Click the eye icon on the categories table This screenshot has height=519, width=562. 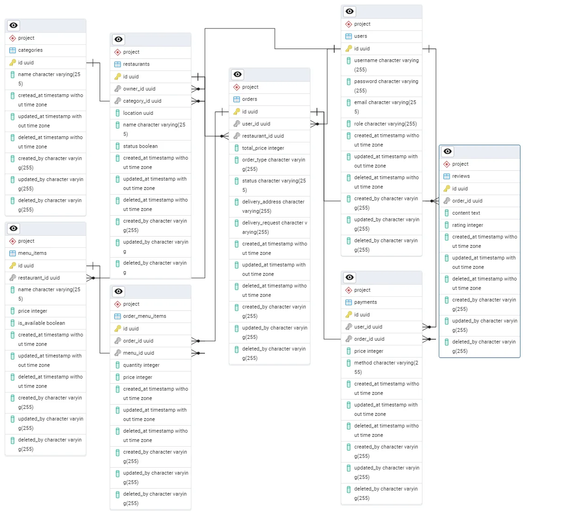(14, 25)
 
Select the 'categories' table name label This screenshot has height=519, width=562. (30, 50)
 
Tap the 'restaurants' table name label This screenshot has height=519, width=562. (136, 64)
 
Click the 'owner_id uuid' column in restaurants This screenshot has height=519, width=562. (139, 89)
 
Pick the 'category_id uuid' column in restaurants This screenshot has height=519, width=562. (142, 101)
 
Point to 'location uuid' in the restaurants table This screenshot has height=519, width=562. (138, 113)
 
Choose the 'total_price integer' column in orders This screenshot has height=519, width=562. (263, 148)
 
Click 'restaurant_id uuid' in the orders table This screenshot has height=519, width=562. (263, 136)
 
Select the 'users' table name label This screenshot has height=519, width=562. (360, 36)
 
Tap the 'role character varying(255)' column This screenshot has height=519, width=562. (385, 124)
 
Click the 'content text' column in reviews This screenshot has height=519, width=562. (466, 213)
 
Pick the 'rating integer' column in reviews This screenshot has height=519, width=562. (467, 225)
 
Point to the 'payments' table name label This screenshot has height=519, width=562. (365, 302)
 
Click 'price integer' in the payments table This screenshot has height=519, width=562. (368, 351)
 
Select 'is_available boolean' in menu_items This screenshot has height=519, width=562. (42, 323)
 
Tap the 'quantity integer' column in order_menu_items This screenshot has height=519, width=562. (141, 365)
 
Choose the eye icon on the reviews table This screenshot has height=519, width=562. (448, 151)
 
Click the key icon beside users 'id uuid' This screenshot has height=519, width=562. (349, 49)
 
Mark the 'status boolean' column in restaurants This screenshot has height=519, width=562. (140, 146)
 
